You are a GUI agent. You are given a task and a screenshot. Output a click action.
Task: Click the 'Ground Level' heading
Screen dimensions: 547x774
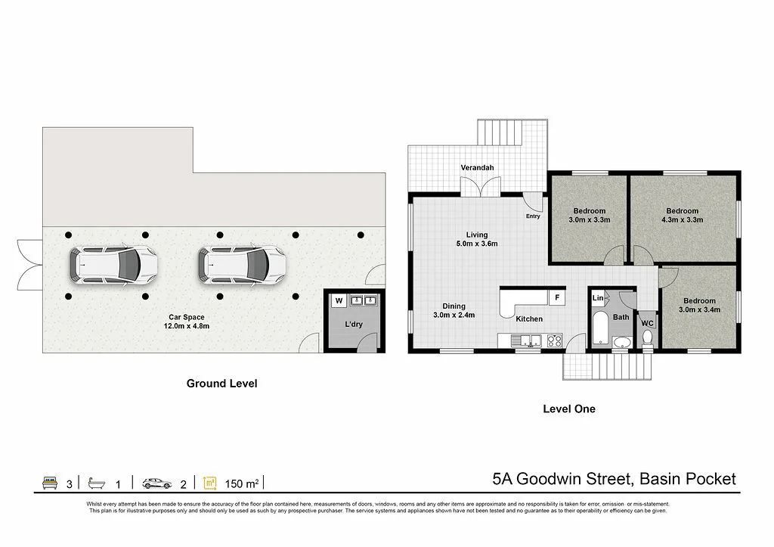click(x=221, y=384)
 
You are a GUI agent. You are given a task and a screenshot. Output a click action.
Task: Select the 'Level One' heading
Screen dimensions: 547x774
click(x=568, y=409)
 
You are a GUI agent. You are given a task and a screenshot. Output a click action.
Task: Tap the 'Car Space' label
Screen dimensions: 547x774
click(x=187, y=317)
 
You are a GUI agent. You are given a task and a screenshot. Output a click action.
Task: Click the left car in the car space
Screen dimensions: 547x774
click(x=114, y=264)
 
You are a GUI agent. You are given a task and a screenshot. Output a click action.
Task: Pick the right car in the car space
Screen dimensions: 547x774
click(x=243, y=264)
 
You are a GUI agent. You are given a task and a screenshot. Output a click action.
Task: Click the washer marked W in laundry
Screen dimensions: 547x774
click(x=339, y=301)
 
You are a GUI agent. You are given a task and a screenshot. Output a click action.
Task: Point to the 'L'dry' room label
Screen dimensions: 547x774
click(x=354, y=324)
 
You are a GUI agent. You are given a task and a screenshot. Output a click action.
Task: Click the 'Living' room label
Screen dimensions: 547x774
click(x=476, y=235)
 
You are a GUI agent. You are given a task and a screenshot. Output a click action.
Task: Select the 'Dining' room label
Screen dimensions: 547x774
click(x=454, y=306)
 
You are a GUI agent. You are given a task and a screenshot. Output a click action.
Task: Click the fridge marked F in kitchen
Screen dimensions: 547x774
click(x=557, y=297)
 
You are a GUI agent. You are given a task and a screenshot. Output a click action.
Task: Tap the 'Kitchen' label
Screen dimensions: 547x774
click(x=529, y=319)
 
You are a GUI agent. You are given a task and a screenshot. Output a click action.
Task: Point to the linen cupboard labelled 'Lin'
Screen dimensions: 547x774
click(x=598, y=298)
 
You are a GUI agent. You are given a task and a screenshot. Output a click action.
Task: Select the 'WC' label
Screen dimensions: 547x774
click(x=647, y=323)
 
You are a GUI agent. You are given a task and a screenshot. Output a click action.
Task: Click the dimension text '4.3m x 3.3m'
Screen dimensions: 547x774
click(x=682, y=220)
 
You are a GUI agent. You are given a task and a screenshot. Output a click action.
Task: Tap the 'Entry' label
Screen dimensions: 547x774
click(x=533, y=216)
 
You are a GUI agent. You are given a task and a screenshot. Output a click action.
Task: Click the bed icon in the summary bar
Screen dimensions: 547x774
click(x=50, y=482)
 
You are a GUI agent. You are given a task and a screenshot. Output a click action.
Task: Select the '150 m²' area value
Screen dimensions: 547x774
click(x=242, y=483)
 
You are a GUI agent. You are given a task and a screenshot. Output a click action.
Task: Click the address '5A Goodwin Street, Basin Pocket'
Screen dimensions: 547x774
click(x=613, y=478)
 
